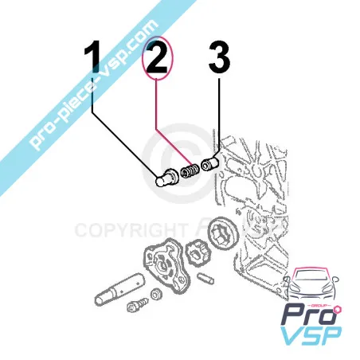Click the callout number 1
(93, 60)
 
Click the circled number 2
(156, 60)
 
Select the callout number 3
(218, 60)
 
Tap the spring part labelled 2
(190, 170)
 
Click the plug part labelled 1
(166, 176)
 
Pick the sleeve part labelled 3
(210, 165)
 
